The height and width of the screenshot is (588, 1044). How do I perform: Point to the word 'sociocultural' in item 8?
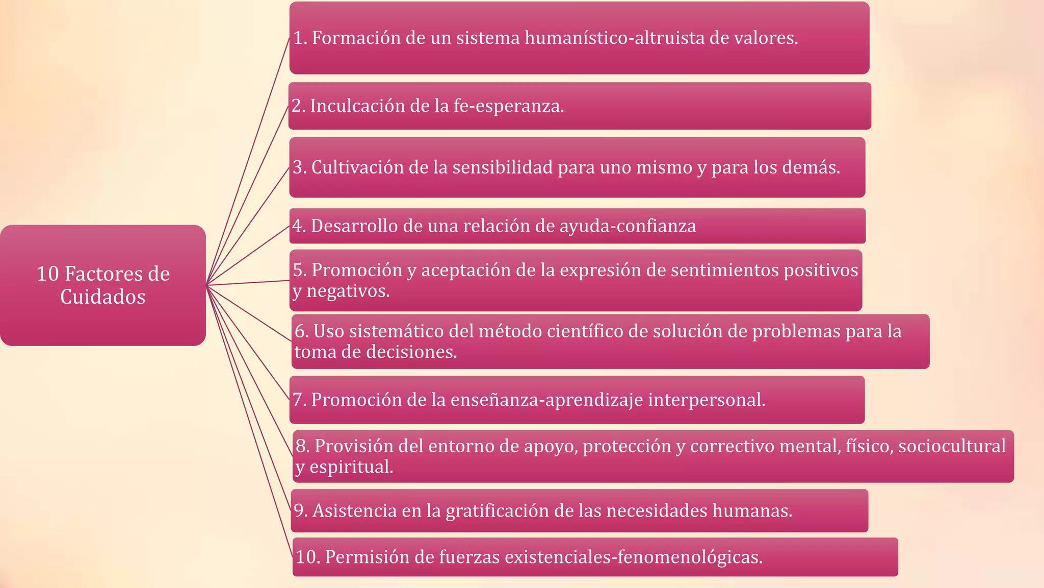click(x=952, y=446)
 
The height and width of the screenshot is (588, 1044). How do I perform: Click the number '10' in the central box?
click(x=47, y=274)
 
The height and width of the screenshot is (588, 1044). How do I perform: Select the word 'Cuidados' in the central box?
click(x=103, y=297)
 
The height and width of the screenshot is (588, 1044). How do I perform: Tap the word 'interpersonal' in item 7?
click(x=707, y=400)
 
